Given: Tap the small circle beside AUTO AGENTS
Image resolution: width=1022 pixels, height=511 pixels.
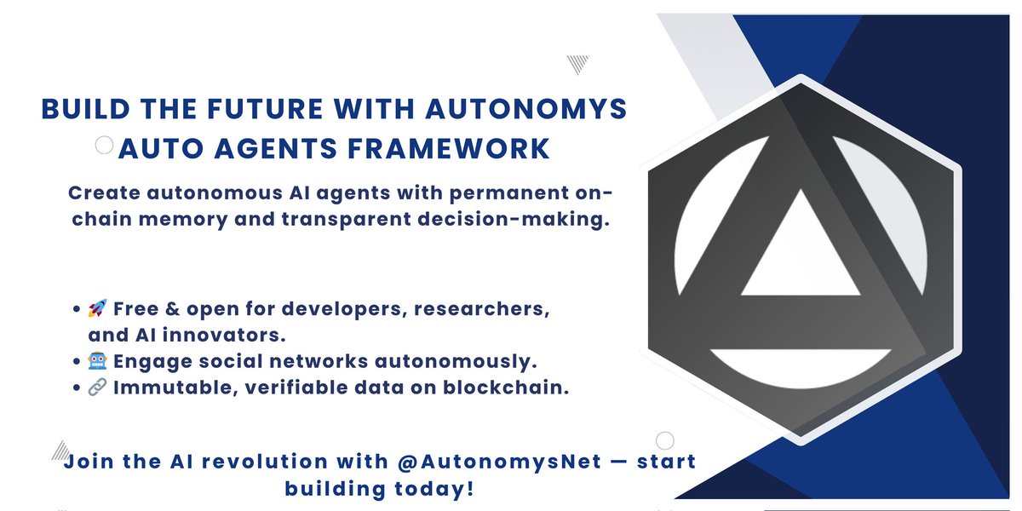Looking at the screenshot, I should tap(104, 146).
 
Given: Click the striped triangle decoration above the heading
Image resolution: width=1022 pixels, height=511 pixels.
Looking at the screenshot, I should tap(579, 64).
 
